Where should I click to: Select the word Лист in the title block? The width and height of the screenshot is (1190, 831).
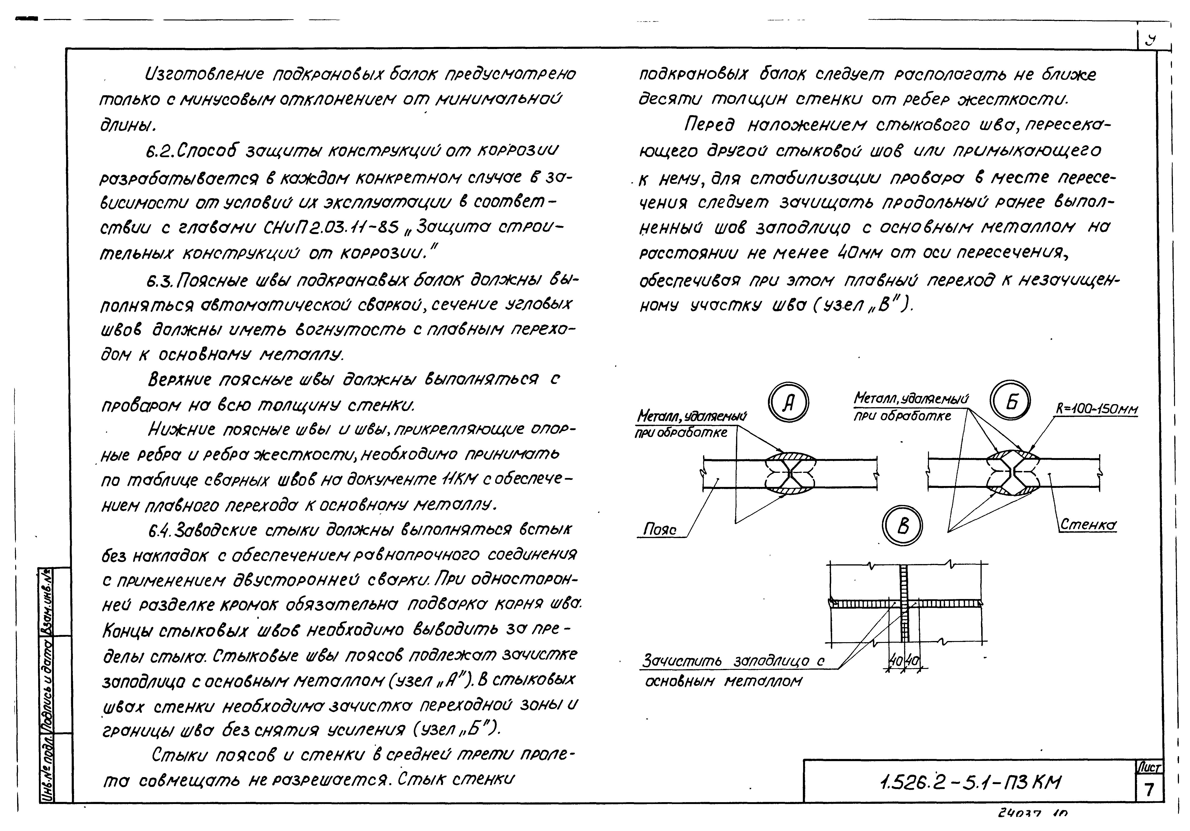(1149, 767)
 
